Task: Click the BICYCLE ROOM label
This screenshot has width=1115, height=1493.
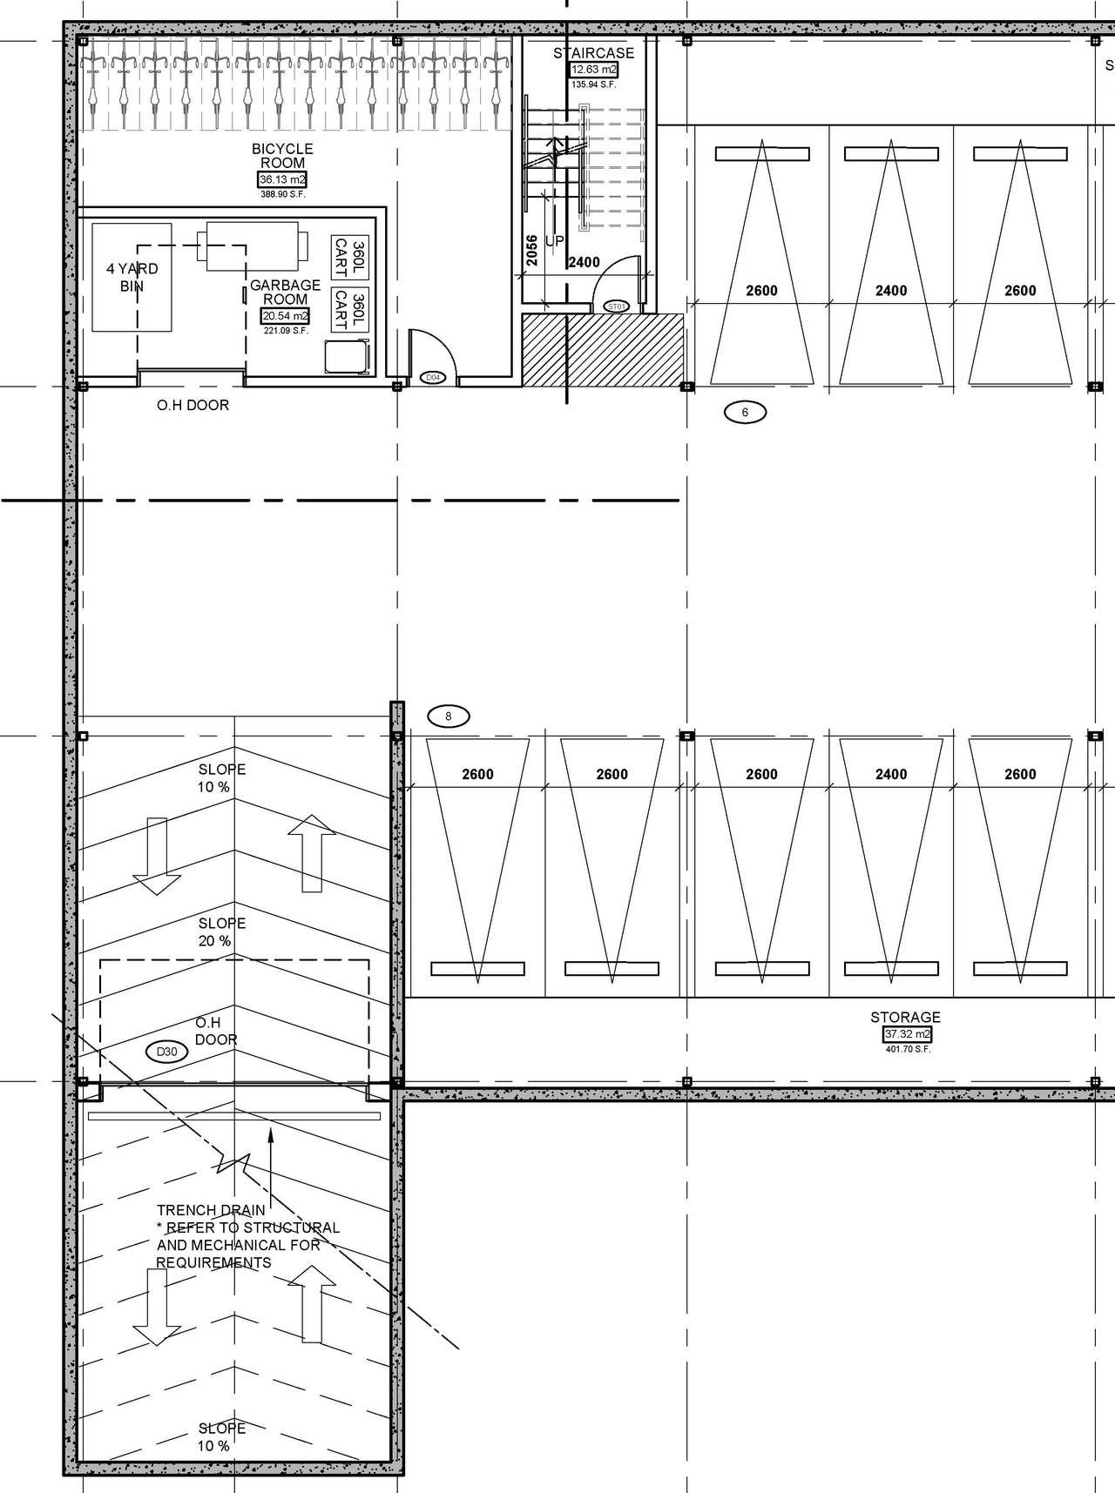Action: click(282, 156)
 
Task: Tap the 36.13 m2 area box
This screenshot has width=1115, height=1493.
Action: click(282, 180)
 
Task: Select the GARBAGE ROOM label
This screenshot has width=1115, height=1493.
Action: click(285, 292)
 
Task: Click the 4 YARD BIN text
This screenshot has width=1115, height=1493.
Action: click(132, 278)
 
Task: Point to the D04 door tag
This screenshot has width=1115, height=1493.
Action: click(432, 378)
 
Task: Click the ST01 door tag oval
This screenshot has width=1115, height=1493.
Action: click(617, 306)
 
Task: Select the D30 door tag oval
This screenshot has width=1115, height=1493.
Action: click(166, 1052)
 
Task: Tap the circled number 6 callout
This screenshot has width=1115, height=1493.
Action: click(745, 412)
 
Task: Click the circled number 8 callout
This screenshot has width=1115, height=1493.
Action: click(449, 716)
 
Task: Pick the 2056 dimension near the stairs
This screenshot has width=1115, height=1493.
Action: click(531, 250)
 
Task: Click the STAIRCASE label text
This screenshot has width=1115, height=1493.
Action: click(593, 53)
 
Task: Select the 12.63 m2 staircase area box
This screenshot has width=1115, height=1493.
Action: click(593, 70)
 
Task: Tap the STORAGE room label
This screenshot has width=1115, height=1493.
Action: click(905, 1017)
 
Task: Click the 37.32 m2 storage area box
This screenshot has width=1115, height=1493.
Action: click(907, 1034)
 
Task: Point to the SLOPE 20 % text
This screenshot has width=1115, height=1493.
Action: click(221, 931)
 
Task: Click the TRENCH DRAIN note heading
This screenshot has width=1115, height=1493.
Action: click(211, 1210)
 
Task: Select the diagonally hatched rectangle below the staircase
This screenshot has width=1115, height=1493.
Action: click(602, 349)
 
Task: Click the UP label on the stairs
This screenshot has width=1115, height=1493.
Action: click(554, 241)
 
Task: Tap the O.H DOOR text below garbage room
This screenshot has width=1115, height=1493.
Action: click(193, 405)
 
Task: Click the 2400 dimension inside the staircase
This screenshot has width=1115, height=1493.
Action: click(584, 262)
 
